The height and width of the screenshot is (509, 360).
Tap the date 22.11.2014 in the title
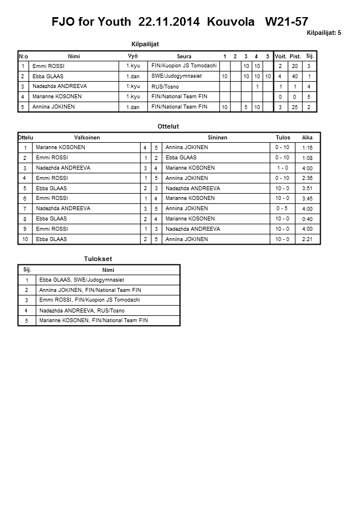pos(169,22)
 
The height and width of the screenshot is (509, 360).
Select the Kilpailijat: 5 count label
pos(324,33)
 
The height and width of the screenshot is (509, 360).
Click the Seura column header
pos(184,56)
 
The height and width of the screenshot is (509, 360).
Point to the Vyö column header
pos(133,56)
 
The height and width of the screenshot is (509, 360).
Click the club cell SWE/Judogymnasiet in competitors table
pos(177,76)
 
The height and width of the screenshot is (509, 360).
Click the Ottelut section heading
pos(168,126)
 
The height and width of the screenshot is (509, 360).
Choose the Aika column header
pos(307,138)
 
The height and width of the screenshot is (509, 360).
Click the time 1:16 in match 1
pos(307,148)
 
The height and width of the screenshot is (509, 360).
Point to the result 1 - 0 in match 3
pos(282,169)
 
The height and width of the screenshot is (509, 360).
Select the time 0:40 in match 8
pos(307,219)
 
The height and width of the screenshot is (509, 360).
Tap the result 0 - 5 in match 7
pos(282,209)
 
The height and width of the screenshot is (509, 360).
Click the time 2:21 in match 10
pos(307,240)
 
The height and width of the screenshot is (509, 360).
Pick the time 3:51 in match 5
pos(307,189)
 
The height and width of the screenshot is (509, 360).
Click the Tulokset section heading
pos(98,259)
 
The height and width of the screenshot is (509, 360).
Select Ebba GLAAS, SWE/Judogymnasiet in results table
pos(82,280)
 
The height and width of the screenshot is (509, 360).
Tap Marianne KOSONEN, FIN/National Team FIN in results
pos(94,320)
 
